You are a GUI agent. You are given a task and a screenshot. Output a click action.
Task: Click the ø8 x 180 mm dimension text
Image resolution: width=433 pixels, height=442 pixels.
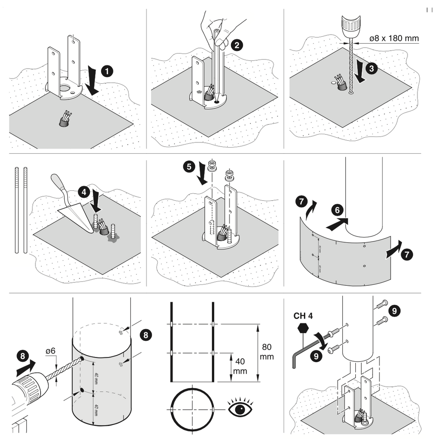tap(394, 38)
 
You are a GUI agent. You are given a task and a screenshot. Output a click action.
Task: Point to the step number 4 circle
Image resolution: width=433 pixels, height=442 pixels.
tap(84, 191)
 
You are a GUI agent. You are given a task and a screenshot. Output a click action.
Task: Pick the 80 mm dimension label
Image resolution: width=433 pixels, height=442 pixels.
tap(268, 351)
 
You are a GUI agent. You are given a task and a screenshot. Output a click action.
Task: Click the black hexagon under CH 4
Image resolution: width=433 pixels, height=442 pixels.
tap(303, 328)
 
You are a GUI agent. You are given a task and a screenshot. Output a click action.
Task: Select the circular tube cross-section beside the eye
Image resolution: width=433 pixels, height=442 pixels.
tap(190, 408)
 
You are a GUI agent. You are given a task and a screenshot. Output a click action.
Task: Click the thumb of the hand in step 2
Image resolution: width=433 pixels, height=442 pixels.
tap(223, 43)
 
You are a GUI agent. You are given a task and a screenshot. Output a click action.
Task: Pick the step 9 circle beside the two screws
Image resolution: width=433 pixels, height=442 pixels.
tap(394, 309)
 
